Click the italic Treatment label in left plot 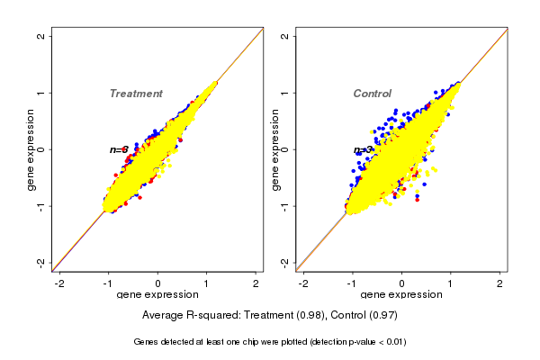(136, 94)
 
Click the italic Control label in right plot (372, 94)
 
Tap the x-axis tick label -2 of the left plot (60, 283)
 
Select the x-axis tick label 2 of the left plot (256, 283)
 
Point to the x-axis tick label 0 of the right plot (402, 283)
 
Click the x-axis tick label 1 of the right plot (451, 283)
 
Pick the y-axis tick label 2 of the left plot (41, 37)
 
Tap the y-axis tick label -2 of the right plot (284, 262)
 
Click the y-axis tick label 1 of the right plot (284, 93)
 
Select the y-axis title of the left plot (31, 149)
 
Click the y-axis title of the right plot (274, 149)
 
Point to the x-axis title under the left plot (158, 295)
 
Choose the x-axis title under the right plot (401, 295)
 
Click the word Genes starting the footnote (147, 342)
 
